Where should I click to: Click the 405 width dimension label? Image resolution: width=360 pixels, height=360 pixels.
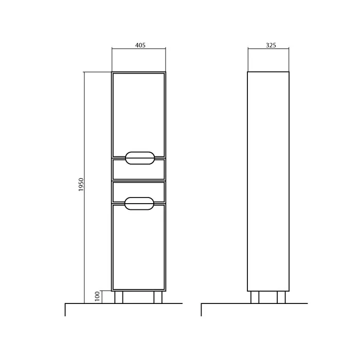pos(140,45)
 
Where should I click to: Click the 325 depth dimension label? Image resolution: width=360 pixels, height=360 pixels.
pos(271,45)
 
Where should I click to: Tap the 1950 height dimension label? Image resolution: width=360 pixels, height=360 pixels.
pos(81,185)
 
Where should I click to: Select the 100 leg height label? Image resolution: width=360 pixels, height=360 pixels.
pos(97,296)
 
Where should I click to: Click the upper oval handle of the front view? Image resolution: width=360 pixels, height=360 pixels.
pos(140,152)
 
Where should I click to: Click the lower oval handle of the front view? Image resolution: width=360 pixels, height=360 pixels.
pos(139,197)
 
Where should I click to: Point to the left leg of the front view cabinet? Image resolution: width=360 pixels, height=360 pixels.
pos(119,297)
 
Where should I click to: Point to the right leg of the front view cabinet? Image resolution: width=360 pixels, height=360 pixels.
pos(158,297)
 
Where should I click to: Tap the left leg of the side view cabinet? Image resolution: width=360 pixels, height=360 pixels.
pos(255,297)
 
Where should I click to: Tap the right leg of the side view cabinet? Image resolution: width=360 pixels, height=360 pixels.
pos(281,297)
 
